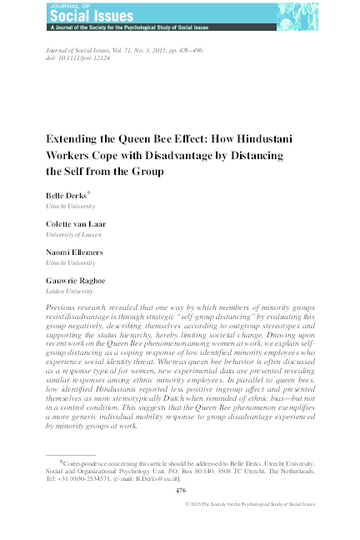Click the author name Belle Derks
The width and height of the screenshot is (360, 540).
click(x=64, y=193)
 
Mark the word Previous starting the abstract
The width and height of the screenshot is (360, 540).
click(x=64, y=307)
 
